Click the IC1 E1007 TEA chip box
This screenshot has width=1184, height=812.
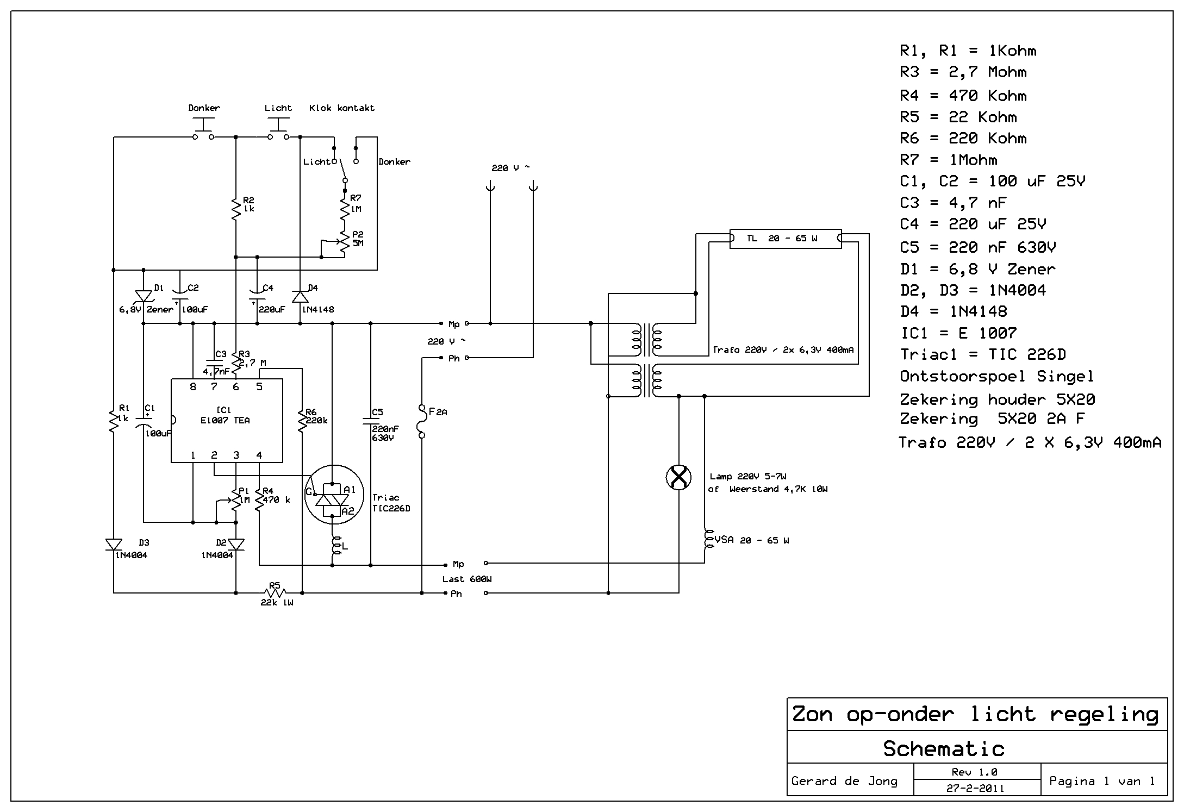(x=227, y=420)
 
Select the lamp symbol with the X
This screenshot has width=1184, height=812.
(x=678, y=478)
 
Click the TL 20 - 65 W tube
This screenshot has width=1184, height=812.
(x=786, y=238)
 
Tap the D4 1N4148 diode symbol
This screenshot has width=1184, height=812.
(x=300, y=297)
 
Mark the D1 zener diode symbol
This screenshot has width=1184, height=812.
(x=144, y=296)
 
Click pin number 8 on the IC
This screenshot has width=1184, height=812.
(x=193, y=387)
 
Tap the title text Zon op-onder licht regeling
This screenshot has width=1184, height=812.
(x=975, y=714)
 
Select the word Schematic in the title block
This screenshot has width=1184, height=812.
(x=944, y=748)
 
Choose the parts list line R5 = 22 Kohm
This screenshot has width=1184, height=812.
(x=958, y=117)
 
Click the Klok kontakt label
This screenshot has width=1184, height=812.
(x=341, y=108)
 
